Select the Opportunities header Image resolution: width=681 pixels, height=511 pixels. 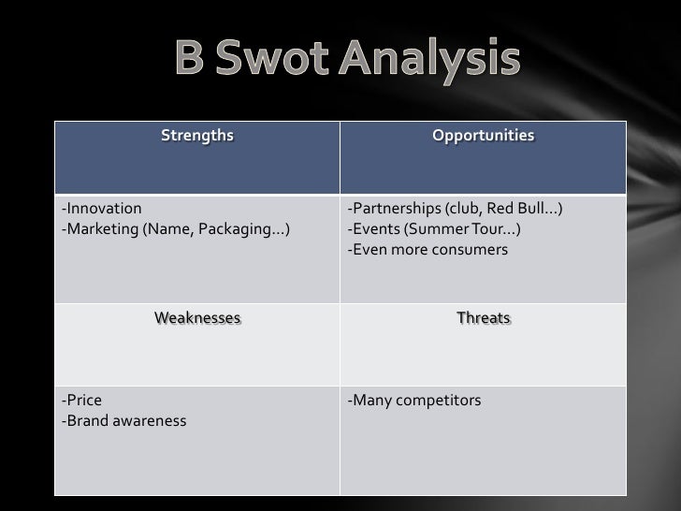(x=483, y=137)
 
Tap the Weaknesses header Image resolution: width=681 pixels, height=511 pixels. (x=196, y=318)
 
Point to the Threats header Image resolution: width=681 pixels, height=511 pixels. (x=483, y=318)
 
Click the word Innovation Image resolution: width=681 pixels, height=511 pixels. (x=102, y=208)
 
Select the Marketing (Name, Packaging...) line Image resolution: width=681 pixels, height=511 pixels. (x=175, y=229)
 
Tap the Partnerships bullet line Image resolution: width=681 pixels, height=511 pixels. (x=455, y=208)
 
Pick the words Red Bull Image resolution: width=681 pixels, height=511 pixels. (x=523, y=208)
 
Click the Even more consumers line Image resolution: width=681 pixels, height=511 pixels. (x=427, y=250)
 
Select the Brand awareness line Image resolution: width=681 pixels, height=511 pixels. (x=123, y=421)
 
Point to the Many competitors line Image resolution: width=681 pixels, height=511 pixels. (x=413, y=401)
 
